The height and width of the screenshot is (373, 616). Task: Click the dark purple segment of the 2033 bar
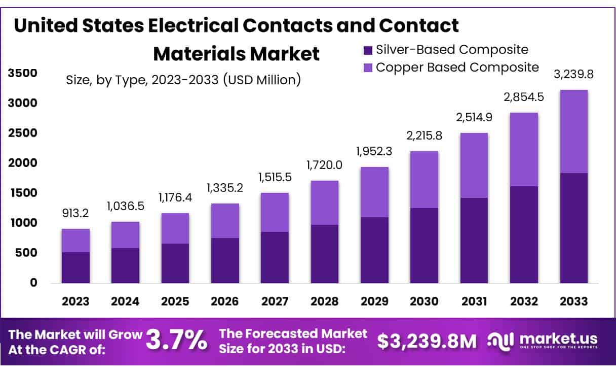pyautogui.click(x=573, y=228)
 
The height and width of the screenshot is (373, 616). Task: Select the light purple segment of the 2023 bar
pyautogui.click(x=75, y=241)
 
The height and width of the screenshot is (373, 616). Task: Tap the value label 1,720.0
pyautogui.click(x=324, y=166)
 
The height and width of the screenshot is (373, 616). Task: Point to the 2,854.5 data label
pyautogui.click(x=524, y=97)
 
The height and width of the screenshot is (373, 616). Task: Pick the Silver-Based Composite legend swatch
pyautogui.click(x=367, y=50)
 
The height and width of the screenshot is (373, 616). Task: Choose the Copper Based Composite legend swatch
pyautogui.click(x=367, y=67)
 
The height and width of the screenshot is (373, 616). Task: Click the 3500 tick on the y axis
pyautogui.click(x=23, y=74)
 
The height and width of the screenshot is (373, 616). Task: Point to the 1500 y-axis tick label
pyautogui.click(x=23, y=193)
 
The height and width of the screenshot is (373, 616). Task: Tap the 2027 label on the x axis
pyautogui.click(x=275, y=301)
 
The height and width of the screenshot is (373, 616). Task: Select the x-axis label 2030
pyautogui.click(x=424, y=301)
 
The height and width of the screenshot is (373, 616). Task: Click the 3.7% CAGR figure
pyautogui.click(x=176, y=340)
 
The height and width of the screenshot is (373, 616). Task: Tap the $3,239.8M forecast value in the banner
pyautogui.click(x=427, y=341)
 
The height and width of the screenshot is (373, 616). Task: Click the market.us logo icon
pyautogui.click(x=500, y=340)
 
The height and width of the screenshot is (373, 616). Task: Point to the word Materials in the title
pyautogui.click(x=194, y=54)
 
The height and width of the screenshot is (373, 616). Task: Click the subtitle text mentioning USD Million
pyautogui.click(x=183, y=80)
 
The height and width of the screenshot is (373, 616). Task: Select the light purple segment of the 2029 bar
pyautogui.click(x=374, y=192)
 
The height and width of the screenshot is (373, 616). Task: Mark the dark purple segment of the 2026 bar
pyautogui.click(x=225, y=260)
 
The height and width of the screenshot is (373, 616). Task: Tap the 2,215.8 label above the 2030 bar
pyautogui.click(x=424, y=137)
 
